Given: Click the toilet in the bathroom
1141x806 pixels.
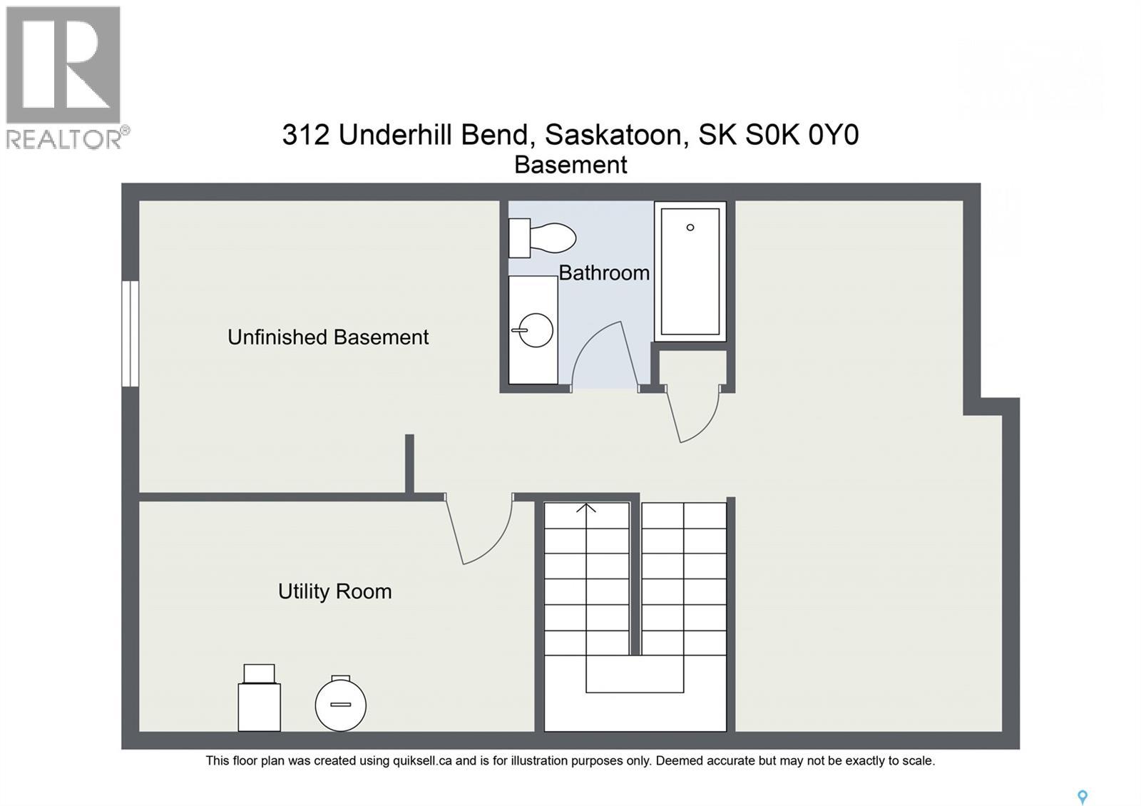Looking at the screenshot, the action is [542, 238].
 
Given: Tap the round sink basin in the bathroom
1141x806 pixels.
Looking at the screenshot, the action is [536, 330].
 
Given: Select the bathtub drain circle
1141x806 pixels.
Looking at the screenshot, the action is [690, 228].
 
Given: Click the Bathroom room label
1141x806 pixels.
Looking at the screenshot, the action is [604, 273].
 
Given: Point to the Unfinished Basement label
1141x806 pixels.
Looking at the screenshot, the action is [328, 337].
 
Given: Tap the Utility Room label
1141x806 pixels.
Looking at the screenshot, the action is [334, 591].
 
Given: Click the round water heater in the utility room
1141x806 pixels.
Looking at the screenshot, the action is [341, 703].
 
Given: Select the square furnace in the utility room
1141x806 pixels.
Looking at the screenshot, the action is [260, 698].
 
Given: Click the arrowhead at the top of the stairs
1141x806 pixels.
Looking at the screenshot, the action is [586, 508].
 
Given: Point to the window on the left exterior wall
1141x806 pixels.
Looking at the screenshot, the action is [131, 334].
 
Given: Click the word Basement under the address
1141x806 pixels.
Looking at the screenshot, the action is [570, 165].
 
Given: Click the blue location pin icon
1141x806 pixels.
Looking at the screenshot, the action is [1083, 797].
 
